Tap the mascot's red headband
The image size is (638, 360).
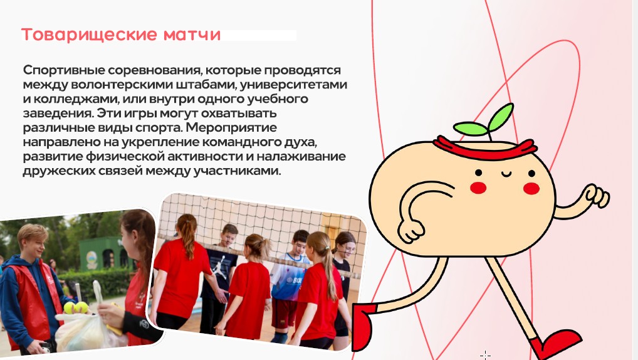point(494,150)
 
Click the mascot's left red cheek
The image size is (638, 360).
point(478,187)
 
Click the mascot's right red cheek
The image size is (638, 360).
point(531,188)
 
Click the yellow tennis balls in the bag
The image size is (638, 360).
point(75,307)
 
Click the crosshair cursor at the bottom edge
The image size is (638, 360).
point(485,354)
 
